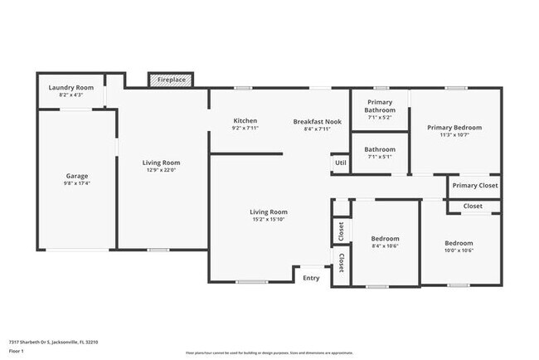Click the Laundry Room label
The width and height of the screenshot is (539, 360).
click(x=70, y=87)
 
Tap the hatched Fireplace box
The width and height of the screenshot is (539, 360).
click(x=172, y=80)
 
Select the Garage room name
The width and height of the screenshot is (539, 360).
click(x=77, y=176)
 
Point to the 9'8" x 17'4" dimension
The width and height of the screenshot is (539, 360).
click(x=77, y=183)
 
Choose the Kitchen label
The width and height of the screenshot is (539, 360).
click(x=245, y=121)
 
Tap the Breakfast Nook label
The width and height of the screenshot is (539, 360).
click(x=317, y=121)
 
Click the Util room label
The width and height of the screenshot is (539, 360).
click(x=340, y=163)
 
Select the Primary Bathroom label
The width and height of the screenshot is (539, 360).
click(x=380, y=106)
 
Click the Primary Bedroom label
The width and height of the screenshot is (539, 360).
click(x=454, y=128)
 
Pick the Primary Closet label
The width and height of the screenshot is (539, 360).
click(x=475, y=186)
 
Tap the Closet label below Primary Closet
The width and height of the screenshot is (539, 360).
click(x=473, y=206)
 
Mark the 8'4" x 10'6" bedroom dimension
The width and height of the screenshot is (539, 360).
click(x=385, y=246)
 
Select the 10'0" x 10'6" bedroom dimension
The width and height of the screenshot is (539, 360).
click(x=459, y=251)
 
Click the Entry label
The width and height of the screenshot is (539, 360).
click(x=311, y=278)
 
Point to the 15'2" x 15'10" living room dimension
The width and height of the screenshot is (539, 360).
click(x=269, y=220)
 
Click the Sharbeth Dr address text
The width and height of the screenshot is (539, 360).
click(x=54, y=342)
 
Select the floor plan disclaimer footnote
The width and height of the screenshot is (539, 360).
click(x=269, y=353)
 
